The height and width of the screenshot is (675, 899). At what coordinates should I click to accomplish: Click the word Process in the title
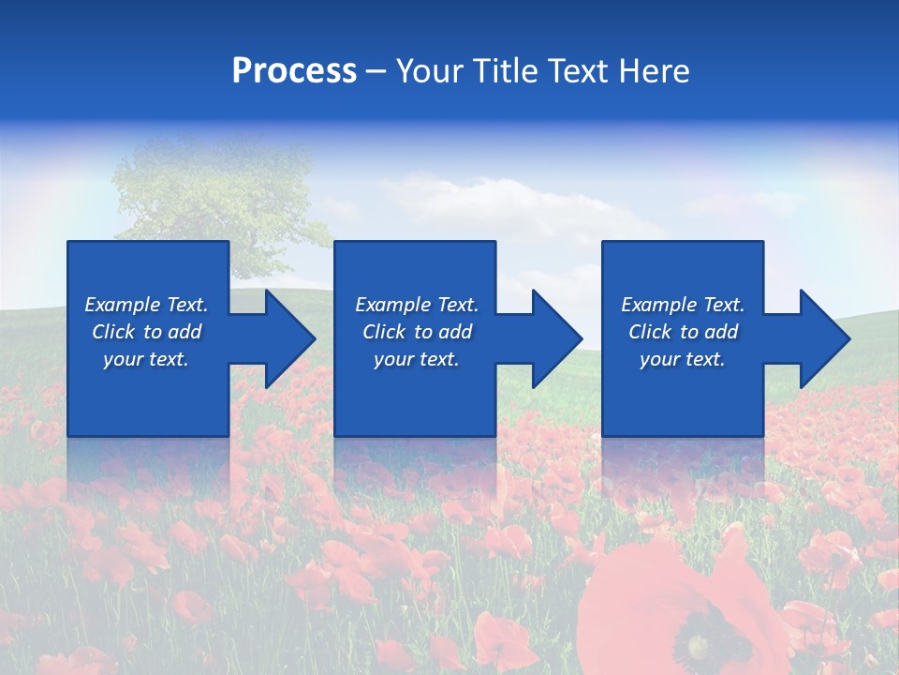pyautogui.click(x=294, y=71)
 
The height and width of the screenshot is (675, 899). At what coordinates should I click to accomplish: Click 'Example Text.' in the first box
pyautogui.click(x=146, y=305)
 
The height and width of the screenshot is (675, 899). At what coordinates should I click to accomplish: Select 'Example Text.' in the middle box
pyautogui.click(x=416, y=305)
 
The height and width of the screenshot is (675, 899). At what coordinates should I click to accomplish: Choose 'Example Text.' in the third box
pyautogui.click(x=682, y=305)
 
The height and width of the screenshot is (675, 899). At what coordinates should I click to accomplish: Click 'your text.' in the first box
pyautogui.click(x=146, y=359)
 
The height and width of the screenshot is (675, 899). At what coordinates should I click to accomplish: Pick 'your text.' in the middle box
pyautogui.click(x=416, y=359)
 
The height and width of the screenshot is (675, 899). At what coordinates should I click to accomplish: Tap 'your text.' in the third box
pyautogui.click(x=682, y=359)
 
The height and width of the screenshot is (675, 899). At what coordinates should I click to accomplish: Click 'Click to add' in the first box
pyautogui.click(x=146, y=332)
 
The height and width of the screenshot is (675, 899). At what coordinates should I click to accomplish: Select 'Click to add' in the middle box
pyautogui.click(x=416, y=332)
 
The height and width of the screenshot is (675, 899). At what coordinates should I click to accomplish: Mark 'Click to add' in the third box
pyautogui.click(x=682, y=332)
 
